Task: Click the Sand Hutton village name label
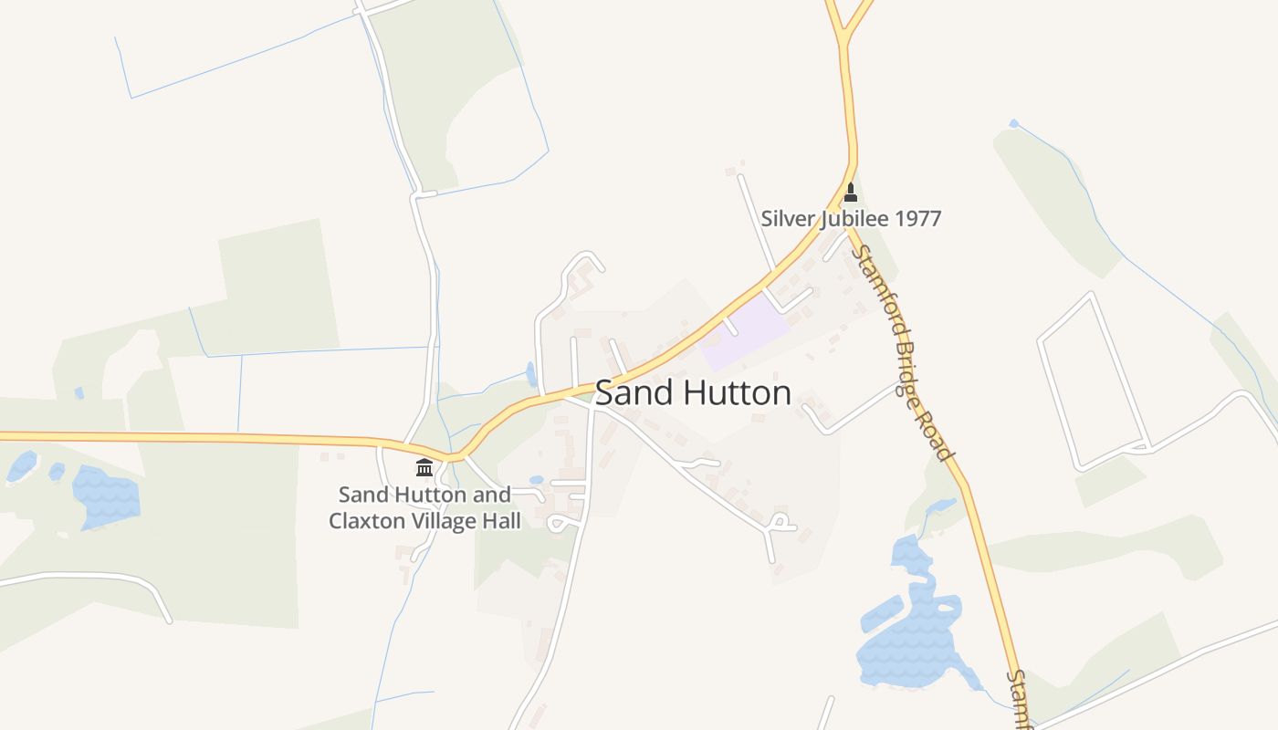693,393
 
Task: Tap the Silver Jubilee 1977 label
850,219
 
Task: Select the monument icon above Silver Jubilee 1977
851,193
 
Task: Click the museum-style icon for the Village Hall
424,468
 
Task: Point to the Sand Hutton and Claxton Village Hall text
424,508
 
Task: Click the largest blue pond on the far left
106,495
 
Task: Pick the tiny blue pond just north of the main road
531,374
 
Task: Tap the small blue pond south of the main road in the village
537,479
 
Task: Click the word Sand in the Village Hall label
359,495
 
